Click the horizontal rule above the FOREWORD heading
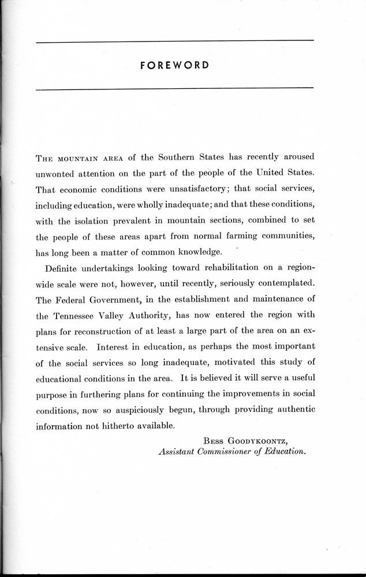tap(174, 40)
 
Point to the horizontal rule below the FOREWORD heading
tap(174, 88)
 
